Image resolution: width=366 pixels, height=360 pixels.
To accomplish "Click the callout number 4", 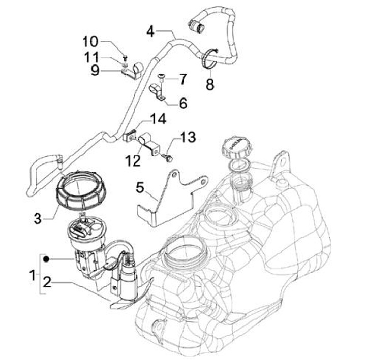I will tap(150, 31).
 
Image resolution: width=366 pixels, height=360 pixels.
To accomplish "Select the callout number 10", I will tap(94, 41).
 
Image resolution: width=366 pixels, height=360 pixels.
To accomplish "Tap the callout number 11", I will tap(94, 56).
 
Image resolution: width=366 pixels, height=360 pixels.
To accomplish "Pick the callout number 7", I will tap(182, 79).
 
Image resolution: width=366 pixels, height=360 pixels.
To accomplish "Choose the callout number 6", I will tap(182, 103).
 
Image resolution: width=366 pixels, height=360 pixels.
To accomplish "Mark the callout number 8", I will tap(210, 84).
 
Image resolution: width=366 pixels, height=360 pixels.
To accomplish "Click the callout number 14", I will tap(158, 120).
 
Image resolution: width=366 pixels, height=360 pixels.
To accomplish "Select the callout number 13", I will tap(188, 137).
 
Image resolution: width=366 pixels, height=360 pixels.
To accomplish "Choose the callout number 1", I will tap(32, 276).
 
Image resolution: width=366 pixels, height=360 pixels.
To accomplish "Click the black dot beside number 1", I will tap(46, 259).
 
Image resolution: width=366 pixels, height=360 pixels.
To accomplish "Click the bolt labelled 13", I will tap(167, 159).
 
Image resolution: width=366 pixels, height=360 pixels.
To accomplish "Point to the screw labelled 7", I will tap(161, 77).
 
